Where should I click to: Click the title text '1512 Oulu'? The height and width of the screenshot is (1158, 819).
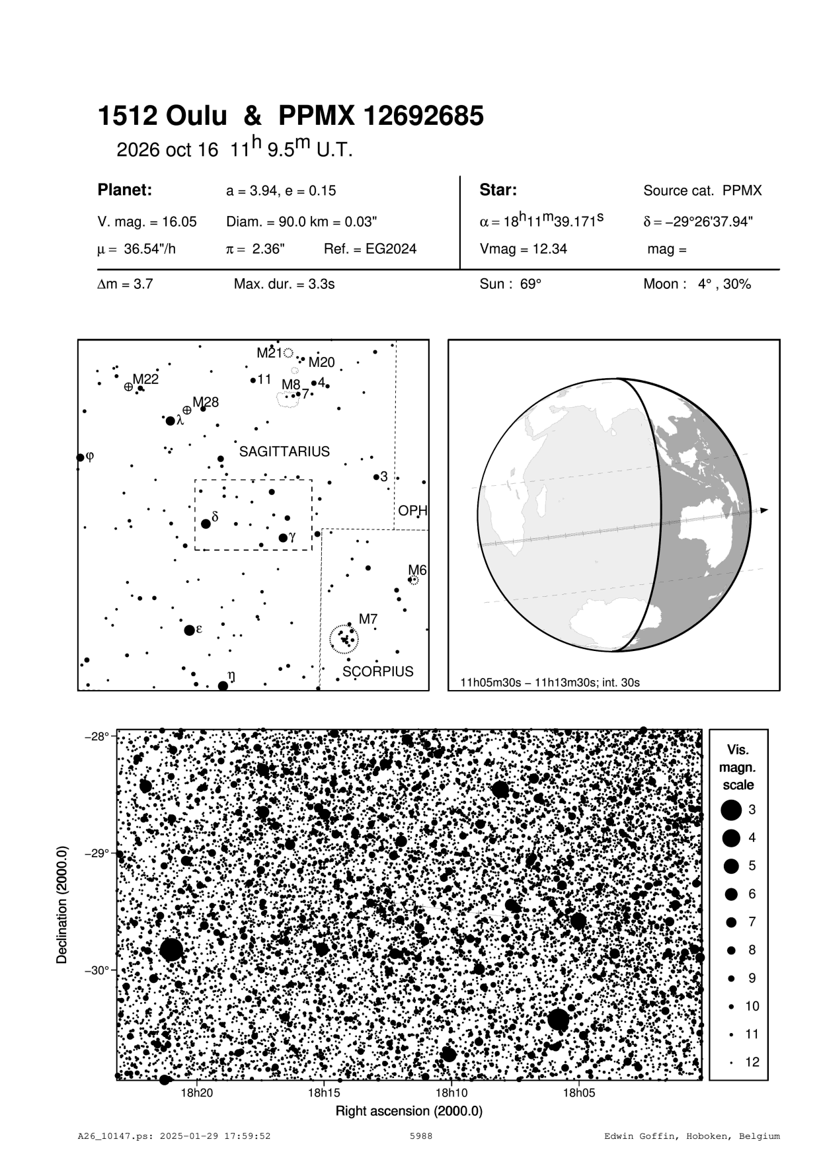coord(162,116)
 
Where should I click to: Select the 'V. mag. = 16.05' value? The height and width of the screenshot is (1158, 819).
coord(147,222)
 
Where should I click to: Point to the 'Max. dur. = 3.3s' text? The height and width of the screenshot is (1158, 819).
coord(284,284)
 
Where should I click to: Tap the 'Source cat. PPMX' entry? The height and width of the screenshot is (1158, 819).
coord(702,191)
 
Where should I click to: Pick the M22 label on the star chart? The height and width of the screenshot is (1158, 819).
coord(145,379)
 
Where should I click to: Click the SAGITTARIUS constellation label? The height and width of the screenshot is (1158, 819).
coord(284,451)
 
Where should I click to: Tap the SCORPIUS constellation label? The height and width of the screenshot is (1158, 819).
coord(377,672)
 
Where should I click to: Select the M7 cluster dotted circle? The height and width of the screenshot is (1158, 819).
coord(344,639)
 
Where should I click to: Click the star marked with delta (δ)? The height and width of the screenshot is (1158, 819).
coord(206,523)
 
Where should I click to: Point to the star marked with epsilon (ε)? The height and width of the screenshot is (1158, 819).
coord(190,630)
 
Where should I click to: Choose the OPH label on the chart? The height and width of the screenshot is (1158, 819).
coord(412,511)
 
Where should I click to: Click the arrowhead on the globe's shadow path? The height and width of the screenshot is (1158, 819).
coord(764,510)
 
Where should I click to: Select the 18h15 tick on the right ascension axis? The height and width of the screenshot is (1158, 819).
coord(324,1093)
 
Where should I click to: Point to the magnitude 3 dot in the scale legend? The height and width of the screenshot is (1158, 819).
coord(731,810)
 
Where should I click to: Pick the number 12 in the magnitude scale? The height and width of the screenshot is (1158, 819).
coord(752,1062)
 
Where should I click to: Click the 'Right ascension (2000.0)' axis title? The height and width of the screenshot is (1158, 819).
coord(409,1110)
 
